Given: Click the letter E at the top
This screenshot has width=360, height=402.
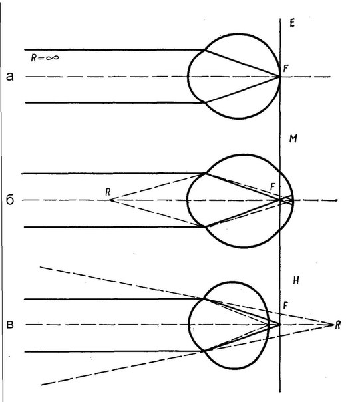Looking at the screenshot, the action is point(292,23).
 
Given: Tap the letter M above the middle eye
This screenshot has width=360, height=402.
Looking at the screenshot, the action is point(293,138).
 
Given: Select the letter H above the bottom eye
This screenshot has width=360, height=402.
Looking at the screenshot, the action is point(296,280).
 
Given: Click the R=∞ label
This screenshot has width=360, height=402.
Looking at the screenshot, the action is point(45,58).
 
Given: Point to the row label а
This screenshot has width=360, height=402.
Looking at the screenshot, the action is point(10,76).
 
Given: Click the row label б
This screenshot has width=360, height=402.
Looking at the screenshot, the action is point(10,200).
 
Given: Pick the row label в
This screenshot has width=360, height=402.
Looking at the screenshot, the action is point(10,325).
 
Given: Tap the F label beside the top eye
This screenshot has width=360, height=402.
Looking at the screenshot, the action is point(286,69).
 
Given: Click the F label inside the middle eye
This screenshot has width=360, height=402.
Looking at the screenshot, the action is point(273,186).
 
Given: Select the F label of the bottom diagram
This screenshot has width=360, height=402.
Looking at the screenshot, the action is point(285,305).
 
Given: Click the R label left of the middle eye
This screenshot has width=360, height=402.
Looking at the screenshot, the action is point(108,192).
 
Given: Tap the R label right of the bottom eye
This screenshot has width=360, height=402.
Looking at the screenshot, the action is point(338,325).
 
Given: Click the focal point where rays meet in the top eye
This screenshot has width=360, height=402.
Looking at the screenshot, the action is point(279,77).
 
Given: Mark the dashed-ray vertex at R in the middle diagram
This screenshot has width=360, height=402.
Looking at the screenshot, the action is point(110,200).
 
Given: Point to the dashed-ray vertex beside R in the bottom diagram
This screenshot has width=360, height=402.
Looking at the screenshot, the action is point(333,325).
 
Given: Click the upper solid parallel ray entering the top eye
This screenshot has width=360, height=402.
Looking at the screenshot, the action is point(114,49).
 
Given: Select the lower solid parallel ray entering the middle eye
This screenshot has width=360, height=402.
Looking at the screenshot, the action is point(114,227).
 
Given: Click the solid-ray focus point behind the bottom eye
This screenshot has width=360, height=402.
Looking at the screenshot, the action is point(279,325).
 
